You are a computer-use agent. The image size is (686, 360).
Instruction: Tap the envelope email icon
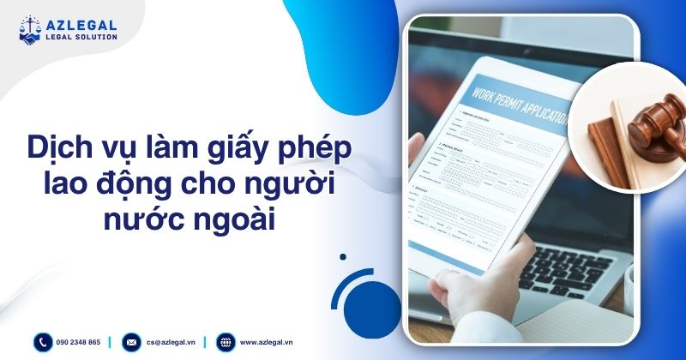pyautogui.click(x=131, y=342)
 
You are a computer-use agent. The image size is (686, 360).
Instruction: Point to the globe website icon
pyautogui.click(x=226, y=342)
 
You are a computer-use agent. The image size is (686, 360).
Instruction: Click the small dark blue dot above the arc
pyautogui.click(x=343, y=255)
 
